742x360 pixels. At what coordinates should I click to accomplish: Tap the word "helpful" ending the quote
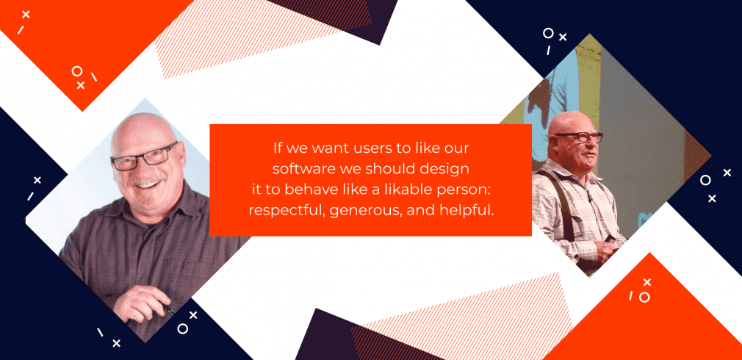click(x=464, y=209)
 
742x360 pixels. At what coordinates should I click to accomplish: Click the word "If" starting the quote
click(x=276, y=148)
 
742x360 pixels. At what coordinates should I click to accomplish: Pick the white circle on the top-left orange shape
click(x=76, y=71)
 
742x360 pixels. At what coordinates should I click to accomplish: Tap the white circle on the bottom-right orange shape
click(x=644, y=298)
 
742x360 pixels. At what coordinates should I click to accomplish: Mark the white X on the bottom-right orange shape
click(x=646, y=282)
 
